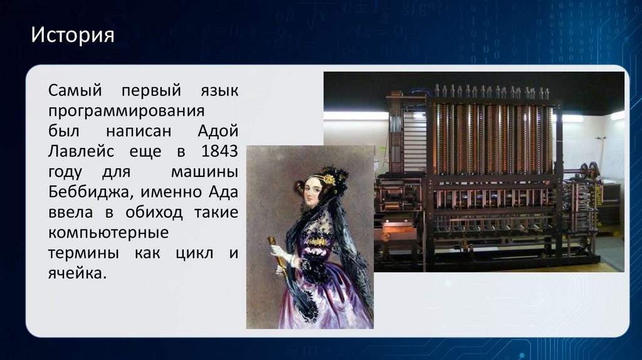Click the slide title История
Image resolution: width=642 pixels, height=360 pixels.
[x=73, y=34]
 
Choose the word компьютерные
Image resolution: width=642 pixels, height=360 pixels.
[x=108, y=233]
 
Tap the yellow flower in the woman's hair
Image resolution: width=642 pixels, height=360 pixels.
[x=329, y=179]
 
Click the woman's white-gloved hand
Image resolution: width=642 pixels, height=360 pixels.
[x=278, y=251]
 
